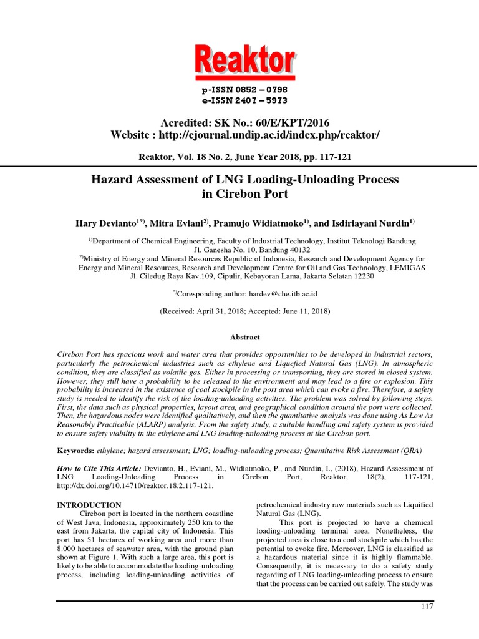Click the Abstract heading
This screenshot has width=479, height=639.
(245, 337)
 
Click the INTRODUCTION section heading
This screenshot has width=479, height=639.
(89, 505)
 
